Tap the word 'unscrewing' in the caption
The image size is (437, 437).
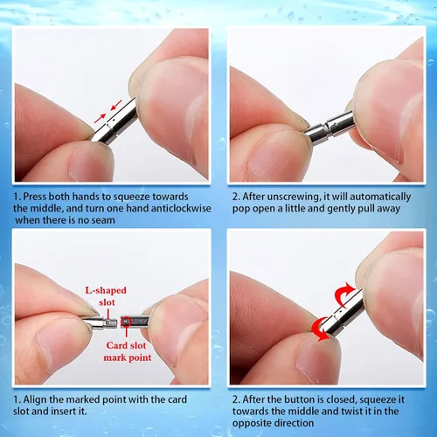tap(294, 198)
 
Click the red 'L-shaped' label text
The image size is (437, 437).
tap(106, 290)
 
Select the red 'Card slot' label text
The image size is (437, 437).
tap(126, 345)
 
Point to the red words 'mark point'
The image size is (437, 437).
tap(128, 357)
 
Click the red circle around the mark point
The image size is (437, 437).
tap(126, 322)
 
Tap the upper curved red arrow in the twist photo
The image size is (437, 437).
tap(344, 293)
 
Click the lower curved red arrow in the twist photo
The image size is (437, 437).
tap(320, 329)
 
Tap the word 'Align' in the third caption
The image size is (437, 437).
tap(35, 400)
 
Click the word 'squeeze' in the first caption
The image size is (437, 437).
tap(131, 198)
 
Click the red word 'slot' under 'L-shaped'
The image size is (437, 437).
tap(107, 302)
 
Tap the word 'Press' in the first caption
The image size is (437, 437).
tap(35, 197)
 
